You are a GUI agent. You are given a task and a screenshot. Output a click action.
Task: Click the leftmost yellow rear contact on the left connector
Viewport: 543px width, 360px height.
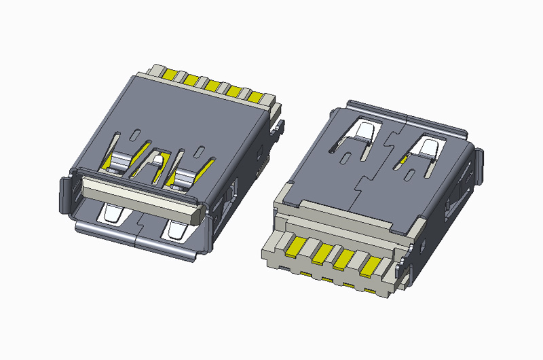point(171,72)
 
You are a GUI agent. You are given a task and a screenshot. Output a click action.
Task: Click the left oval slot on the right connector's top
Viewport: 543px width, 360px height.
point(348,158)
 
